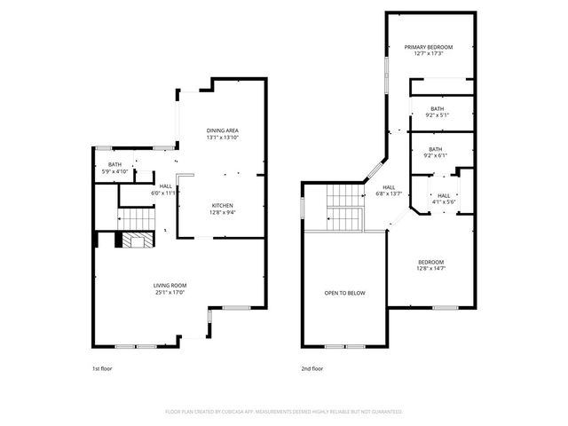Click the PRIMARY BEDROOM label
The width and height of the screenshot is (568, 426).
coord(429,47)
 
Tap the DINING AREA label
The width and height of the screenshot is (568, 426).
coord(223,130)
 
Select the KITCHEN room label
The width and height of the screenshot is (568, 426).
coord(222,206)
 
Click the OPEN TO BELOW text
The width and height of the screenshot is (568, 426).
coord(343,293)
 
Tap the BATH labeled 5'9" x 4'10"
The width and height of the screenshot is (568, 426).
coord(115,164)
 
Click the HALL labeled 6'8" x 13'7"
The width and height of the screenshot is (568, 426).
coord(389,187)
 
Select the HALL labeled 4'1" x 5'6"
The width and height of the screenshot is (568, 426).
coord(444,195)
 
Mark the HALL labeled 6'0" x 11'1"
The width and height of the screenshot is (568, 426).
coord(166,185)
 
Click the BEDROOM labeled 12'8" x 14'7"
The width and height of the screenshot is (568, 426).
coord(431,263)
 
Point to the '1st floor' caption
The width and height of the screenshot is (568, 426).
coord(102,367)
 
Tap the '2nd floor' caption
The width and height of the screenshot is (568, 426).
coord(312,367)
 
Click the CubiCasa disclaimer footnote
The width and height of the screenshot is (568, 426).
coord(284,412)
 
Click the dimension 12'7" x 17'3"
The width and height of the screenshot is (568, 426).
coord(429,53)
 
